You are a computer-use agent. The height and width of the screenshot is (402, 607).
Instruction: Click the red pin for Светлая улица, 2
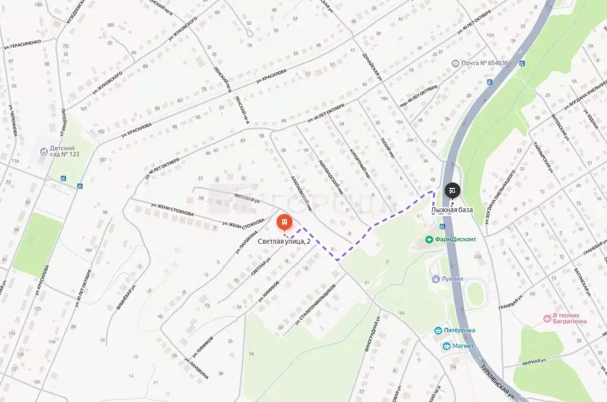pos(285,224)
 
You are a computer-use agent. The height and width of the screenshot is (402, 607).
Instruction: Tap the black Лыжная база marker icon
pos(452,190)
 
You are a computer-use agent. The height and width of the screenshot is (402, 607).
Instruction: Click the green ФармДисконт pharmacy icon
pos(429,240)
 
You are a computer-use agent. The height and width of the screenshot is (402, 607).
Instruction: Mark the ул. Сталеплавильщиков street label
pos(318,303)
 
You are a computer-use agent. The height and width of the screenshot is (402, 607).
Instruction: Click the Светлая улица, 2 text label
pos(284,241)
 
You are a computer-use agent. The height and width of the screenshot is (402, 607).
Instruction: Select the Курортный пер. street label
pos(362,164)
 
